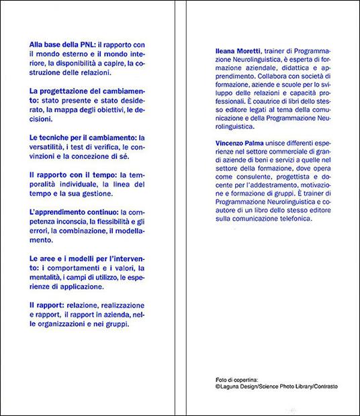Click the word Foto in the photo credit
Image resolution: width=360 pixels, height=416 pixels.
click(214, 379)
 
